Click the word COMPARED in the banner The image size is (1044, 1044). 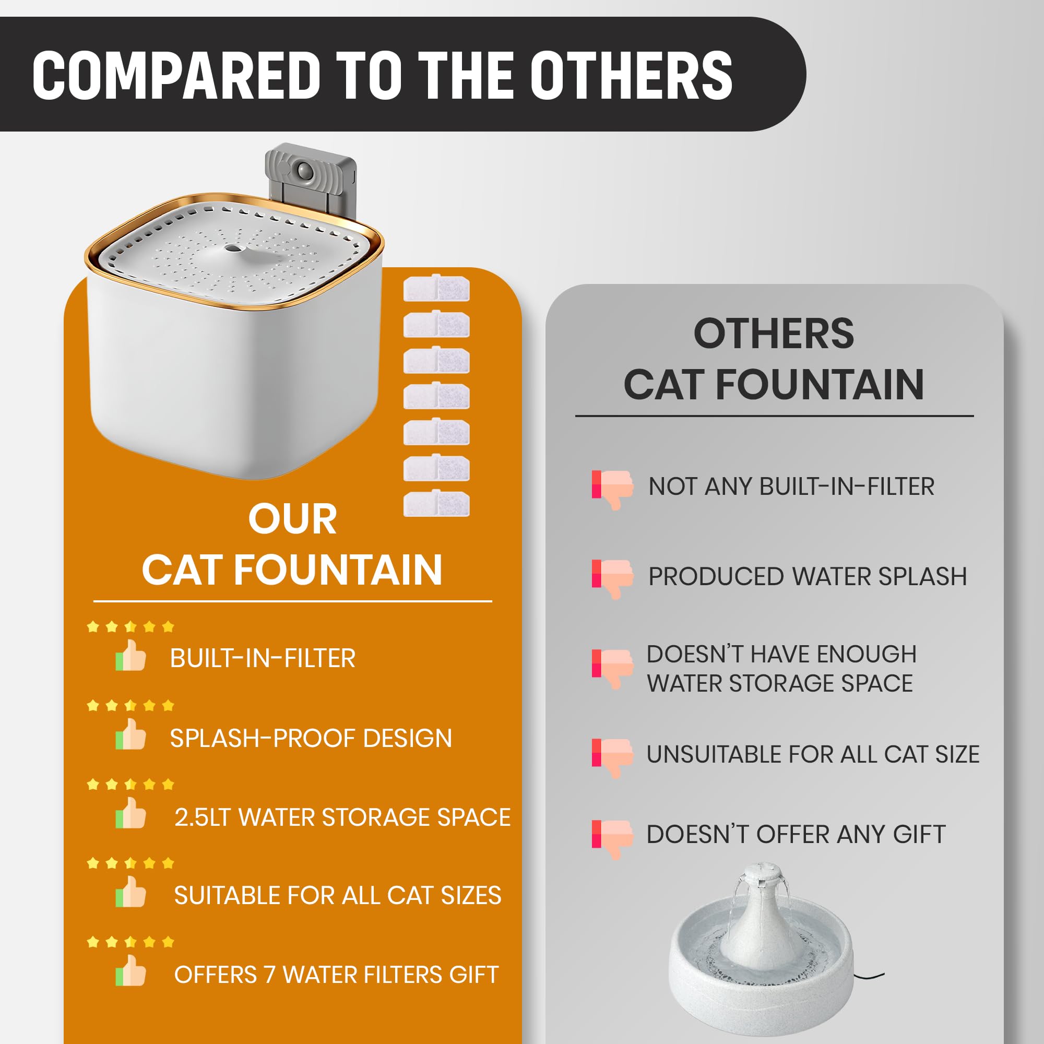coord(176,75)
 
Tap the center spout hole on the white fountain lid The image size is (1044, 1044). coord(233,248)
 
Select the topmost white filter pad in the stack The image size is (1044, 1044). coord(436,289)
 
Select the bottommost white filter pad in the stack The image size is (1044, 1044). coord(436,504)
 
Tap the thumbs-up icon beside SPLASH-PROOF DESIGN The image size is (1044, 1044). coord(131,735)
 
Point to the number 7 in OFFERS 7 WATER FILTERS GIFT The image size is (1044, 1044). coord(270,975)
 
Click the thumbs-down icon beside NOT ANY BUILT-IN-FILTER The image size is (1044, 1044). coord(612,489)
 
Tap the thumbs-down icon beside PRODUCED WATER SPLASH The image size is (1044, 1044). coord(612,578)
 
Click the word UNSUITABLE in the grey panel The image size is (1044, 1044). coord(713,754)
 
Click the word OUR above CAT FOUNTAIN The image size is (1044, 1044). coord(292,519)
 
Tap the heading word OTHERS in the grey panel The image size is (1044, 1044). coord(773,334)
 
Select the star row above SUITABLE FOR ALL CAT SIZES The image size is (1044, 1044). coord(130,863)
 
